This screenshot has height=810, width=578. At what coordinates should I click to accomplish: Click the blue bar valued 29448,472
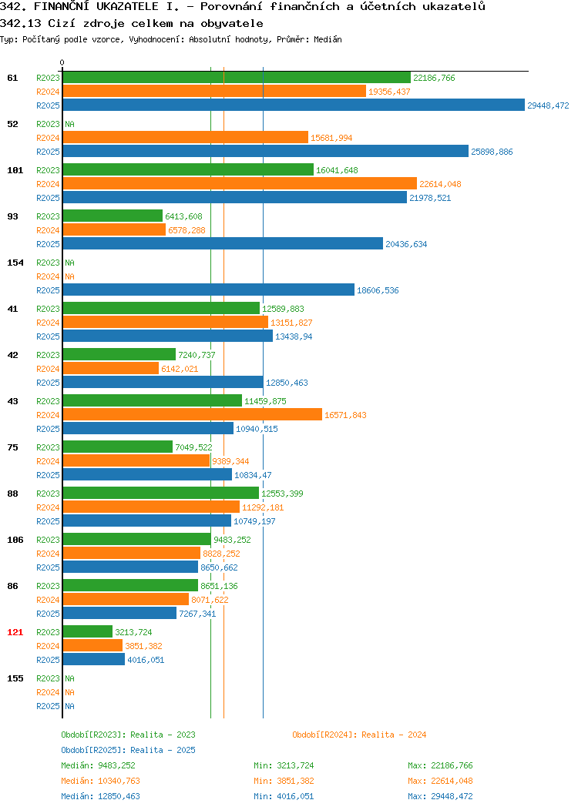[294, 105]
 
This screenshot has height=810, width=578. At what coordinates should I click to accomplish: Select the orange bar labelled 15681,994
[186, 138]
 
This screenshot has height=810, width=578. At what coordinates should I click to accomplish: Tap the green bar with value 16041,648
[188, 170]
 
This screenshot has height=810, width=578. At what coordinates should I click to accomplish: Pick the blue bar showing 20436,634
[223, 244]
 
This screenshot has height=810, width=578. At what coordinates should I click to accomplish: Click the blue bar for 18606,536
[209, 290]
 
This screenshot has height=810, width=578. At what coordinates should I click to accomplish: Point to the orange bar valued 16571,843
[193, 415]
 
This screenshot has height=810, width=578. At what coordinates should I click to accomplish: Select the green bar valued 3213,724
[88, 632]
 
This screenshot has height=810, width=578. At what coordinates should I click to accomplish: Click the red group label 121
[15, 632]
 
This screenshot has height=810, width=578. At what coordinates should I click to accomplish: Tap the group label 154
[15, 263]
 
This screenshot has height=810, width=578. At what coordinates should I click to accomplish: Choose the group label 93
[12, 216]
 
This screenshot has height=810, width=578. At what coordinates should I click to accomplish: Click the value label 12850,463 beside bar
[287, 383]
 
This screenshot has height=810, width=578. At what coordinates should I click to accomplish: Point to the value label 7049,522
[194, 447]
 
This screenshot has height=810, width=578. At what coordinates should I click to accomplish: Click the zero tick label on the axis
[62, 62]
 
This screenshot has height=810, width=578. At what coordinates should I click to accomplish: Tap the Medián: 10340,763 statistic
[100, 781]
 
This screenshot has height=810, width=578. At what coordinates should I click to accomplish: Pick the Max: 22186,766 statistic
[440, 765]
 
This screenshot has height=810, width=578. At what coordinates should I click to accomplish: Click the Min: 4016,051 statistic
[284, 797]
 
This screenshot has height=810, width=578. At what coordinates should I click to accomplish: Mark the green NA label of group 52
[70, 124]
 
